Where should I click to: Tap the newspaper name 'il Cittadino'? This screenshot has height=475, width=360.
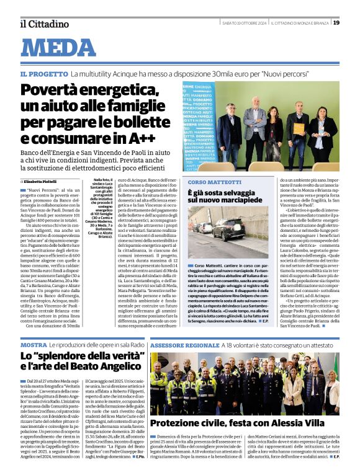pos(44,24)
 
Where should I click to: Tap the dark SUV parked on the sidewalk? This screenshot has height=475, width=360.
pos(228,229)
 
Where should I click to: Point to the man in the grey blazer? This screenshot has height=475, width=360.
pos(254,124)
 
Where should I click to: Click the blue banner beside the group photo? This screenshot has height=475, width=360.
pos(198,127)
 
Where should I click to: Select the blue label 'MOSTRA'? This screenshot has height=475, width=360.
pos(34,344)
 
